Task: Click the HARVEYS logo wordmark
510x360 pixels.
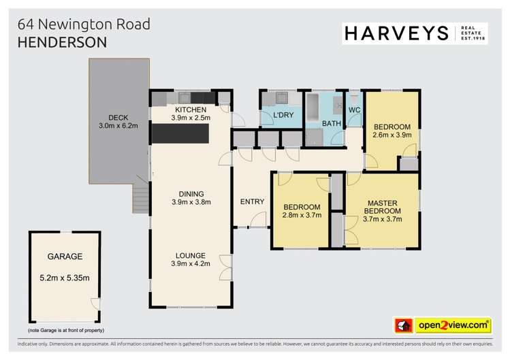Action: point(394,32)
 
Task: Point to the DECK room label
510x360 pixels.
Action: point(118,115)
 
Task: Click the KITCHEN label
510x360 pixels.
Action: point(191,110)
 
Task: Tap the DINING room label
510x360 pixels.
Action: point(191,193)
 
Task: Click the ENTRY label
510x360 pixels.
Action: point(252,201)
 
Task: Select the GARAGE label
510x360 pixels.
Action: point(65,257)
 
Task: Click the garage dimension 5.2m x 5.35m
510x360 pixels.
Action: point(65,277)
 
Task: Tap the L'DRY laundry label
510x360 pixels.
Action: point(283,115)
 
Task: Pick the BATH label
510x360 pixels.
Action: point(332,123)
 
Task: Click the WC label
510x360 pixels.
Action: point(354,110)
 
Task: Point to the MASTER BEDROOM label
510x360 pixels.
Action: point(382,207)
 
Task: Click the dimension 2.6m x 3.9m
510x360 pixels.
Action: point(392,135)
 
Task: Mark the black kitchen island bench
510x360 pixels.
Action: point(179,135)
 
